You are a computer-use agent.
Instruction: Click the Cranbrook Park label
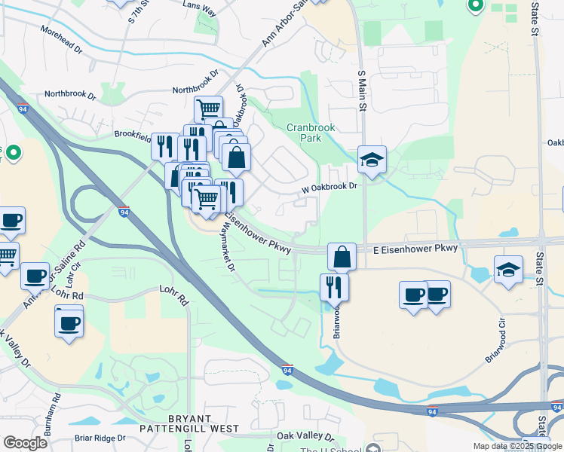[x=309, y=133]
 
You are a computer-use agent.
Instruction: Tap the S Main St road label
[x=361, y=90]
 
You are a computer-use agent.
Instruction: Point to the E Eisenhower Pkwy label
[x=415, y=248]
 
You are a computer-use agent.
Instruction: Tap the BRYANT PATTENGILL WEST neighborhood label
[x=188, y=423]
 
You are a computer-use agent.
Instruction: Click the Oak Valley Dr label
[x=305, y=436]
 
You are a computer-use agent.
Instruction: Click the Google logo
[x=26, y=444]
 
